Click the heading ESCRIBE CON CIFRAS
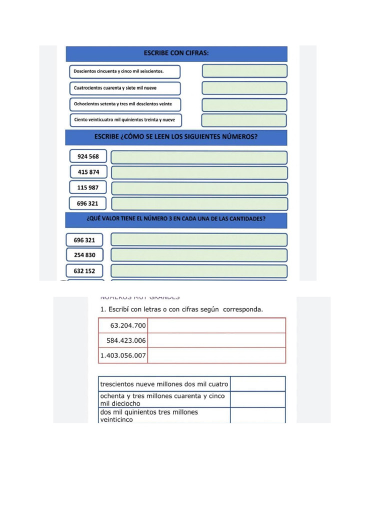point(176,53)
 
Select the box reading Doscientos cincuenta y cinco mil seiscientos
point(123,71)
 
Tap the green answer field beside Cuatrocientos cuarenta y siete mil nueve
point(244,88)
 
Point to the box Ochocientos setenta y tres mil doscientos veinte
point(123,104)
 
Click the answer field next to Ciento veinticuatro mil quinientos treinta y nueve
point(244,120)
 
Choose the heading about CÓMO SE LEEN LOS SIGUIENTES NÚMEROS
point(176,137)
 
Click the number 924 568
point(87,157)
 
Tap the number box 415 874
point(88,172)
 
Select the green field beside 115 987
point(199,188)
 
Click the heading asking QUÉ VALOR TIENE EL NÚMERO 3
point(176,219)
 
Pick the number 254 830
point(84,255)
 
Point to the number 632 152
point(84,271)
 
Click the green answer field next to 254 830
point(199,255)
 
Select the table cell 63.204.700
point(123,326)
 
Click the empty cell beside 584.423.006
point(216,341)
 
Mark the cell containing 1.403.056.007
point(123,356)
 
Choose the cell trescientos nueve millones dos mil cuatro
point(164,384)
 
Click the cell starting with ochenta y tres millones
point(164,399)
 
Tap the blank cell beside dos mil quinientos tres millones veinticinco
point(257,416)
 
